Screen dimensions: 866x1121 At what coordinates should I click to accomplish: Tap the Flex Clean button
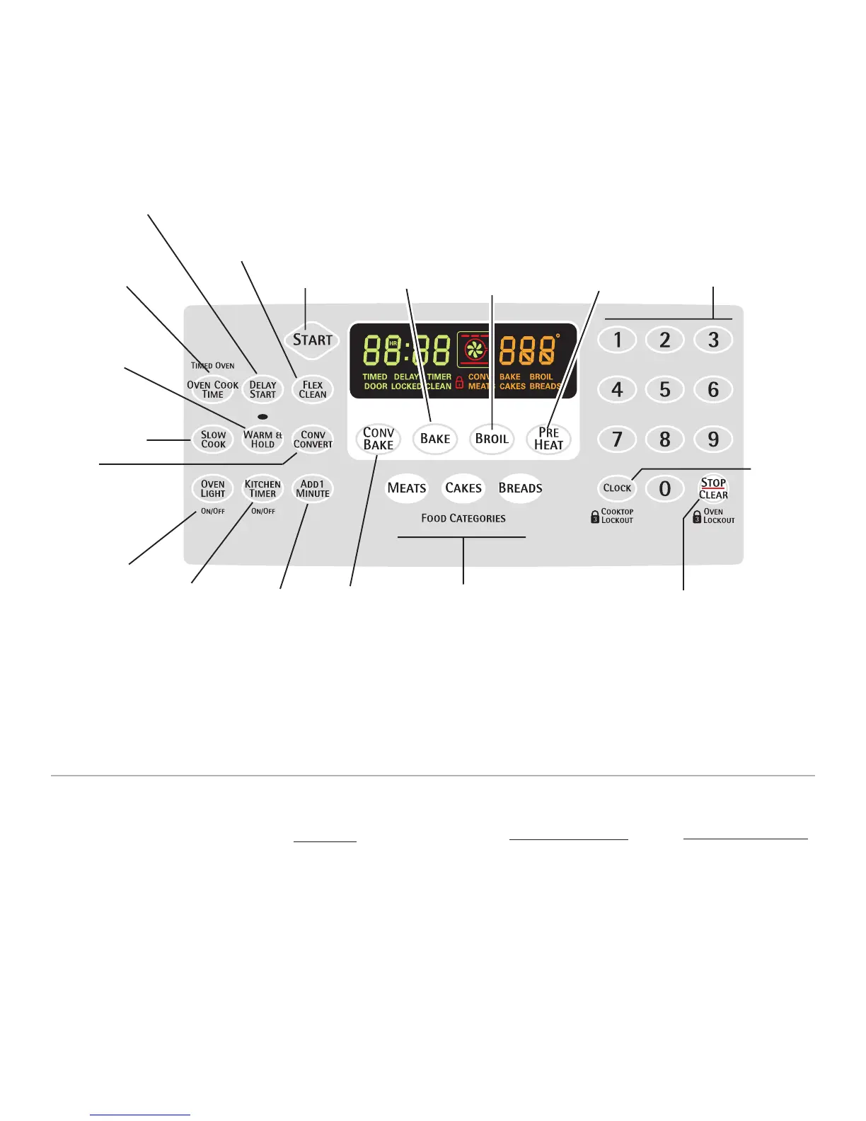click(x=313, y=390)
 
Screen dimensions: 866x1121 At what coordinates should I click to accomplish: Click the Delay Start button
click(x=262, y=390)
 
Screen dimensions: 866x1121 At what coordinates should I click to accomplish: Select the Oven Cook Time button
click(x=212, y=390)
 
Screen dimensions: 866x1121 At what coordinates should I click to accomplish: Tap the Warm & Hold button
click(x=262, y=439)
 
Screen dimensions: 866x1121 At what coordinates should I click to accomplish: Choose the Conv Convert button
click(x=313, y=439)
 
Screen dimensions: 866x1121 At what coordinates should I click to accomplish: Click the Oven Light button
click(x=212, y=489)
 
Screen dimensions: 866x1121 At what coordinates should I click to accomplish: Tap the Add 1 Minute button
click(x=313, y=489)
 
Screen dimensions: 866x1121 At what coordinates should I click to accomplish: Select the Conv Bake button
click(x=379, y=439)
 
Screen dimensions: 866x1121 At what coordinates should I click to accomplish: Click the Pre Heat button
click(x=548, y=439)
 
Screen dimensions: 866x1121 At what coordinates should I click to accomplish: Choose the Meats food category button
click(x=407, y=488)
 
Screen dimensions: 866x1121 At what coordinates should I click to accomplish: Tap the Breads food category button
click(x=520, y=488)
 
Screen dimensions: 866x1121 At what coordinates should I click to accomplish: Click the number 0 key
click(x=665, y=488)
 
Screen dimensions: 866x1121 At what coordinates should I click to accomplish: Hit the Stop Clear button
click(x=713, y=488)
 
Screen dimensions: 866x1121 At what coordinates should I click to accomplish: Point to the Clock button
click(x=617, y=488)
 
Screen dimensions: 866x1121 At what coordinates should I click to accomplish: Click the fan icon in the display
click(x=475, y=348)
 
